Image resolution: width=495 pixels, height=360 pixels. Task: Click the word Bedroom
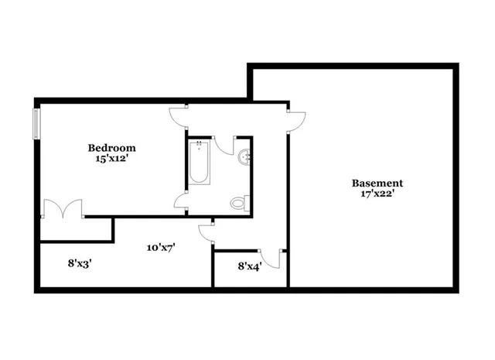click(111, 148)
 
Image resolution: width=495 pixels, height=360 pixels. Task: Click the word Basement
click(377, 183)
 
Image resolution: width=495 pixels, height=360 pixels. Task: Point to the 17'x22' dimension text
click(377, 194)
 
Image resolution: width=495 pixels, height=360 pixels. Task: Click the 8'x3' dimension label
click(80, 263)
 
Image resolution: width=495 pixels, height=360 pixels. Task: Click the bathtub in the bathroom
click(199, 162)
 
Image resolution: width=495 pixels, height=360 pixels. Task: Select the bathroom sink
click(246, 156)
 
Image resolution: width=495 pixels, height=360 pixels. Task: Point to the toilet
click(241, 203)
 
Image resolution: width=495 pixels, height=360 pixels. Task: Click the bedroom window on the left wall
click(36, 124)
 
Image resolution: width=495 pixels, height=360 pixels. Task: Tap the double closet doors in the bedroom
click(62, 208)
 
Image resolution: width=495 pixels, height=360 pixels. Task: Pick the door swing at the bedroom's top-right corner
click(177, 117)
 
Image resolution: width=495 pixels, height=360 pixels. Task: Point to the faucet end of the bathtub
click(199, 145)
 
